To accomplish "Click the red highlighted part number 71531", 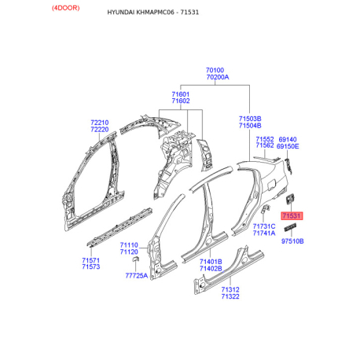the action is (292, 215).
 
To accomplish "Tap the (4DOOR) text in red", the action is (65, 8).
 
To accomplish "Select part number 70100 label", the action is (215, 70).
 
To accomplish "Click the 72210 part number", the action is (100, 123).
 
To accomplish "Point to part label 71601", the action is (181, 94).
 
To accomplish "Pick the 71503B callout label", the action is (250, 119).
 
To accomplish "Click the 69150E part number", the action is (288, 146).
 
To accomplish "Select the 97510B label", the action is (292, 241).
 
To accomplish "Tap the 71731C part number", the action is (264, 226).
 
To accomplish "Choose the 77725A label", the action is (137, 275).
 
